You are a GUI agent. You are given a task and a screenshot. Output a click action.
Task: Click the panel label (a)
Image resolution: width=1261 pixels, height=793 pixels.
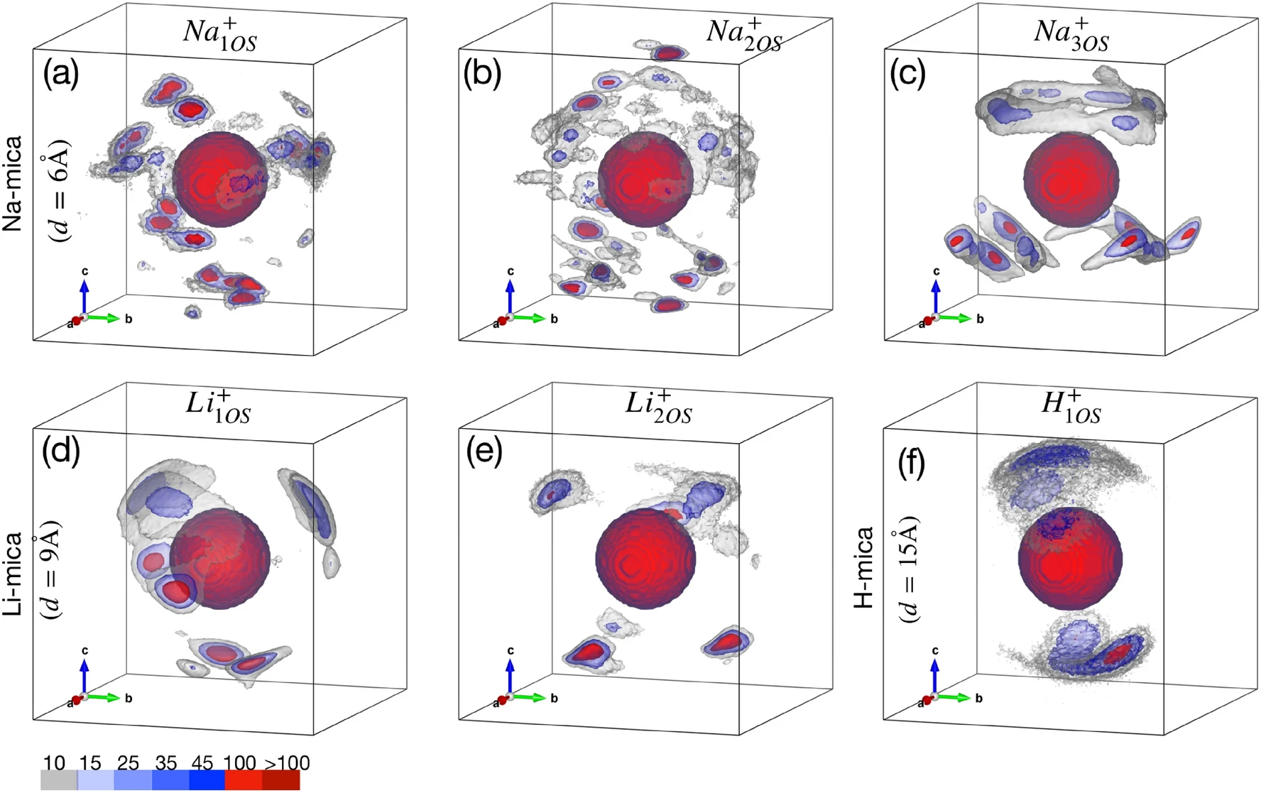click(61, 73)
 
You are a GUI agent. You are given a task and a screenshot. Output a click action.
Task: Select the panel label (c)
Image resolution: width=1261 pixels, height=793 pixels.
click(907, 73)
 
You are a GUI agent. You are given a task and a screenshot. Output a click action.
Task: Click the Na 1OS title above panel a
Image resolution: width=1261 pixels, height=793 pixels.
click(219, 34)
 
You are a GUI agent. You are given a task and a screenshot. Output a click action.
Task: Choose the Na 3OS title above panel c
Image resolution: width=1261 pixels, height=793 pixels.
click(1071, 34)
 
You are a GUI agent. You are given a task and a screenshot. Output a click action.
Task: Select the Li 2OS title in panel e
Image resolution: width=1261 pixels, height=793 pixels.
click(658, 406)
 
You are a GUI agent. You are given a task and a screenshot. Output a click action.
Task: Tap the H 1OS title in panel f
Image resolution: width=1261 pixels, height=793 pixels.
click(1071, 406)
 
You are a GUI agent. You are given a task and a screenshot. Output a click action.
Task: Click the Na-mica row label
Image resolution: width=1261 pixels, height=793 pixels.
click(13, 183)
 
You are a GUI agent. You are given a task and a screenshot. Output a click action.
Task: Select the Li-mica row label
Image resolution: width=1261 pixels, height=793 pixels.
click(13, 574)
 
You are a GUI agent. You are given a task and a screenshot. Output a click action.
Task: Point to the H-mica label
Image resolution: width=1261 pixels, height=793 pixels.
click(863, 568)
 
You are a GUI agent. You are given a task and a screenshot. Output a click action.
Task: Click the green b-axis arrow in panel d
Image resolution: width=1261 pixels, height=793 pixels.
click(104, 698)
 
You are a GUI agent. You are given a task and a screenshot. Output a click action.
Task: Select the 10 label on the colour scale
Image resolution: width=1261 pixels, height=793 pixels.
click(54, 763)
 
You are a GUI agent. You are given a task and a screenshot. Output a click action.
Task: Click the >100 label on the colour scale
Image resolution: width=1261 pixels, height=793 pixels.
click(287, 763)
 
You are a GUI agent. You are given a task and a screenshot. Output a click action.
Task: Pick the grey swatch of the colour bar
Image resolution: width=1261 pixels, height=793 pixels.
click(58, 780)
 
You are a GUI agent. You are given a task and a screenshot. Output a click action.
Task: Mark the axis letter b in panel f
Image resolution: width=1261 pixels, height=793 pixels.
click(978, 698)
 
